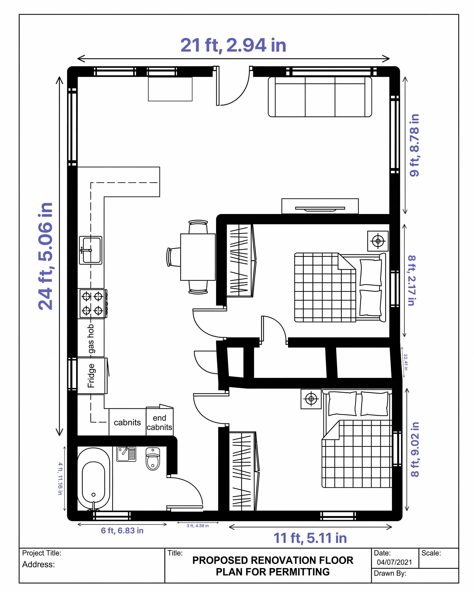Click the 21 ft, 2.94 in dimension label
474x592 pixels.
pyautogui.click(x=233, y=45)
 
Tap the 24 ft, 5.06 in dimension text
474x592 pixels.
pyautogui.click(x=45, y=256)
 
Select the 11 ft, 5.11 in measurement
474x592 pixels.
pyautogui.click(x=310, y=538)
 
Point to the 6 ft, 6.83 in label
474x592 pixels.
pyautogui.click(x=122, y=531)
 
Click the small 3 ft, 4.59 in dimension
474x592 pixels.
pyautogui.click(x=198, y=525)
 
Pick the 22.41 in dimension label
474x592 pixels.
pyautogui.click(x=406, y=362)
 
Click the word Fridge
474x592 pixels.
pyautogui.click(x=91, y=376)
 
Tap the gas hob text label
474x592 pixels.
pyautogui.click(x=91, y=339)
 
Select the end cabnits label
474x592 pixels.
pyautogui.click(x=160, y=422)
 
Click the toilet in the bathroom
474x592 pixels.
pyautogui.click(x=153, y=459)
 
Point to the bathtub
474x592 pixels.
pyautogui.click(x=93, y=479)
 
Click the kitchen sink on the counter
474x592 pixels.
pyautogui.click(x=91, y=250)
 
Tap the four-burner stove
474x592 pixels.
pyautogui.click(x=93, y=303)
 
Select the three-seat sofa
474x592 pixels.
pyautogui.click(x=320, y=97)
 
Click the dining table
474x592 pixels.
pyautogui.click(x=198, y=257)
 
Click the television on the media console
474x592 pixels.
pyautogui.click(x=320, y=209)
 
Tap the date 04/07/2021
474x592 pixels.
pyautogui.click(x=394, y=562)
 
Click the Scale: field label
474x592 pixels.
pyautogui.click(x=431, y=553)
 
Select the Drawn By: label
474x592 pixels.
pyautogui.click(x=390, y=573)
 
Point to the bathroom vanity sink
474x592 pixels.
pyautogui.click(x=126, y=454)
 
